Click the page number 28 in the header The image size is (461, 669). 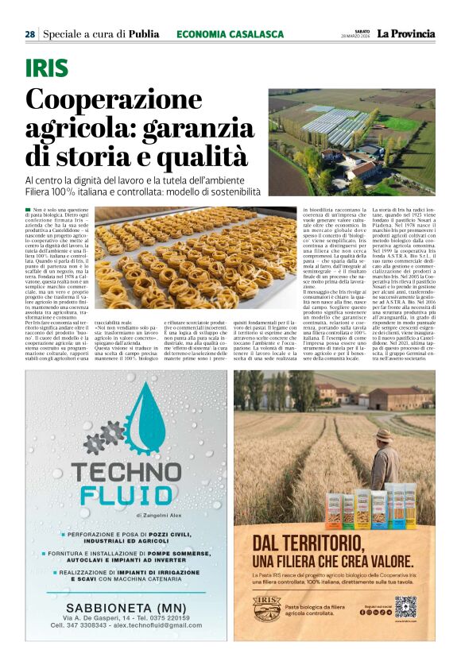(x=29, y=34)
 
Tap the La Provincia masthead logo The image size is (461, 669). (x=406, y=34)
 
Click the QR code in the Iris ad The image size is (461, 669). (x=405, y=606)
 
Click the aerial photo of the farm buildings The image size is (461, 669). (x=351, y=141)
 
